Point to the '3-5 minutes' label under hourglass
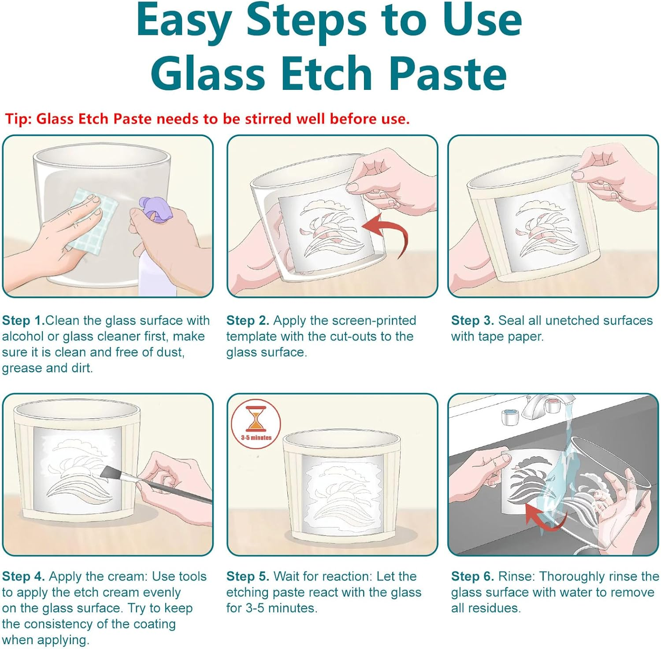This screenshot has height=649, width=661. pos(256,438)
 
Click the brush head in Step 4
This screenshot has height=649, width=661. pos(110,473)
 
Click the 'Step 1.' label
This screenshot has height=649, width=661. pos(23,320)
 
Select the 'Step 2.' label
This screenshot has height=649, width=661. pos(248,320)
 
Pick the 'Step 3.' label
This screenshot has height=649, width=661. pos(472,320)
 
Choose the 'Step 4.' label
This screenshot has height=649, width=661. pos(23,576)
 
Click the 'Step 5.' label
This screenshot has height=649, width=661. pos(248,576)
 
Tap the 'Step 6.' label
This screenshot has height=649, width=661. pos(472,576)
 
